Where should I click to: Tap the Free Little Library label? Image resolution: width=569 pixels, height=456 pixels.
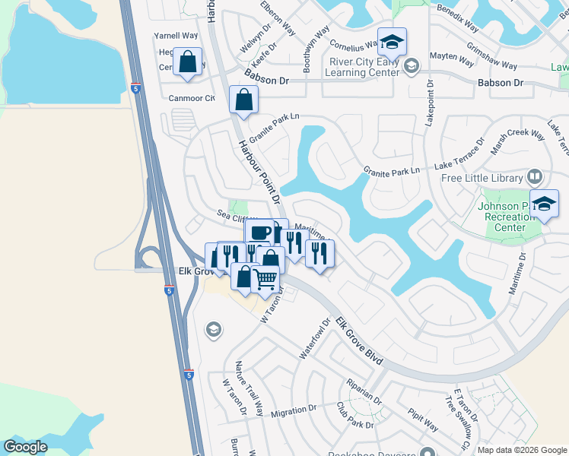point(482,179)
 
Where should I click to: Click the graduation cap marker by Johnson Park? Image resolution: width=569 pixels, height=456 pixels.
point(544,203)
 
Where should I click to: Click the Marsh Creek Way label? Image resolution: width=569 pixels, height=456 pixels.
point(517,142)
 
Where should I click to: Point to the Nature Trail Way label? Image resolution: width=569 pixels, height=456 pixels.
point(250,388)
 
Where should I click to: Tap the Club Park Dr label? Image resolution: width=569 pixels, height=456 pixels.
point(354,425)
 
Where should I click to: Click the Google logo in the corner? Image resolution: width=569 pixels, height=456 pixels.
point(25,447)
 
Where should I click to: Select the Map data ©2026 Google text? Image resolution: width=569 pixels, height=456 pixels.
point(522,450)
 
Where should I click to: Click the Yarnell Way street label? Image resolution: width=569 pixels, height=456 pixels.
point(176,35)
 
